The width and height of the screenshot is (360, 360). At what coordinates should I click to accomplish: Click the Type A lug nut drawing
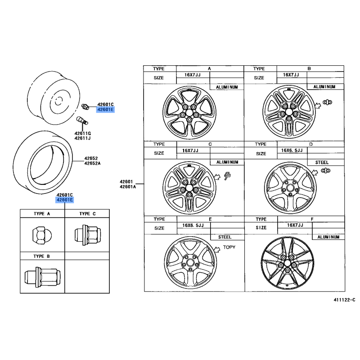click(x=42, y=235)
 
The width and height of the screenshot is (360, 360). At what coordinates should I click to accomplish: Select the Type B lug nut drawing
click(x=42, y=277)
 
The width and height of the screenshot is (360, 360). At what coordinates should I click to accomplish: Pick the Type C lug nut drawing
click(x=88, y=235)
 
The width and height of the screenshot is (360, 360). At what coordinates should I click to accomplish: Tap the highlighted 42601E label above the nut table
click(x=65, y=200)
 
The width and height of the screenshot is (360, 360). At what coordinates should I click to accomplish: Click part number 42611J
click(x=82, y=138)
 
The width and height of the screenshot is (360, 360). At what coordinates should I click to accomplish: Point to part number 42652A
click(x=92, y=163)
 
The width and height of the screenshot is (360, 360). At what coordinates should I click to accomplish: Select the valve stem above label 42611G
click(x=82, y=120)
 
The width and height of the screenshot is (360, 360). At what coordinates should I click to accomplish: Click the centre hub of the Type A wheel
click(x=189, y=112)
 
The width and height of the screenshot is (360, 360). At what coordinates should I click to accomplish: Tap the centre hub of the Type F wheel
click(x=287, y=263)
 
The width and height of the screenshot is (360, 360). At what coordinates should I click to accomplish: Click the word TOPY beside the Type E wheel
click(x=229, y=247)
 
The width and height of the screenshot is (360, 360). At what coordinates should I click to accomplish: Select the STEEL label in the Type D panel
click(x=322, y=162)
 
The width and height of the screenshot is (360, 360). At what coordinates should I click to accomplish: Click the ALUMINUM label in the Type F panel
click(x=328, y=237)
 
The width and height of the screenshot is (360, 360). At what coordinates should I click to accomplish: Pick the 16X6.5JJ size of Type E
click(x=193, y=225)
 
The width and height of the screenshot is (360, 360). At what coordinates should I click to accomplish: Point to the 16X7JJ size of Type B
click(x=291, y=75)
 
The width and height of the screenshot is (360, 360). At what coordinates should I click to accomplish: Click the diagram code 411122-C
click(x=344, y=300)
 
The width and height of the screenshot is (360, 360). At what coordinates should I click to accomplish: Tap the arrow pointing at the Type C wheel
click(x=217, y=176)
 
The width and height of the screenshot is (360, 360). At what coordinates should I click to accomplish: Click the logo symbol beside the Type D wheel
click(x=325, y=171)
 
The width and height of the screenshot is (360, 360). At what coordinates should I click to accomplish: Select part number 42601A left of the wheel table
click(x=128, y=187)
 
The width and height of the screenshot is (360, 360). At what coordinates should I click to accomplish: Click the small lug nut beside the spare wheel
click(x=85, y=107)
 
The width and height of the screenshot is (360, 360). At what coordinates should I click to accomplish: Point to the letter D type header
click(x=311, y=144)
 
